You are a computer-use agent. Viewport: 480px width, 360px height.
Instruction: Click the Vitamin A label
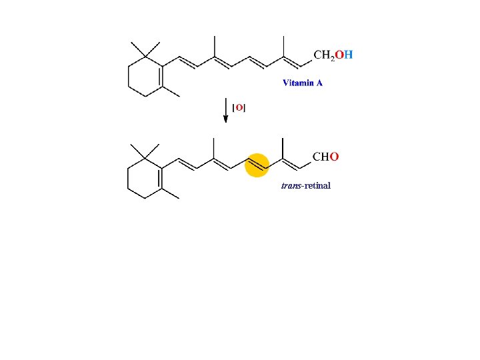(x=303, y=83)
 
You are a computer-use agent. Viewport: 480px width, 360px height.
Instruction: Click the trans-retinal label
(x=305, y=185)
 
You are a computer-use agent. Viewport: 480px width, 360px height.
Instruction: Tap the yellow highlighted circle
(x=257, y=165)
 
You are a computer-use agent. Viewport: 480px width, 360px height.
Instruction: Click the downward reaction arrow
(x=226, y=110)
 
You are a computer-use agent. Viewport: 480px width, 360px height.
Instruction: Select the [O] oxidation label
(x=239, y=107)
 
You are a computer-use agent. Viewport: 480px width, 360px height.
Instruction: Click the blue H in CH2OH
(x=349, y=55)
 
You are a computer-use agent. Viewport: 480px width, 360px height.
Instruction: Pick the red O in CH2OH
(x=339, y=55)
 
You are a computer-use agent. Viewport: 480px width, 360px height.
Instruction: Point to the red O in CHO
(x=335, y=157)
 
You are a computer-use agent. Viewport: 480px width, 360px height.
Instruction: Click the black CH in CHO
(x=321, y=157)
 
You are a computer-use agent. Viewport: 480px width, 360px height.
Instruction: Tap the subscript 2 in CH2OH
(x=332, y=57)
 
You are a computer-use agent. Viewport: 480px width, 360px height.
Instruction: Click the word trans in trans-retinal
(x=291, y=185)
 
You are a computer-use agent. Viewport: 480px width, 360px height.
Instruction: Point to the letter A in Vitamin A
(x=319, y=83)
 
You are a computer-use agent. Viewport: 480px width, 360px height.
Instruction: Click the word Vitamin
(x=298, y=83)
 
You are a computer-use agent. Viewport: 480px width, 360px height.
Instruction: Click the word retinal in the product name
(x=317, y=185)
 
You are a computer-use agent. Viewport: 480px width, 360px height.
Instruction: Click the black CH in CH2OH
(x=321, y=55)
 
